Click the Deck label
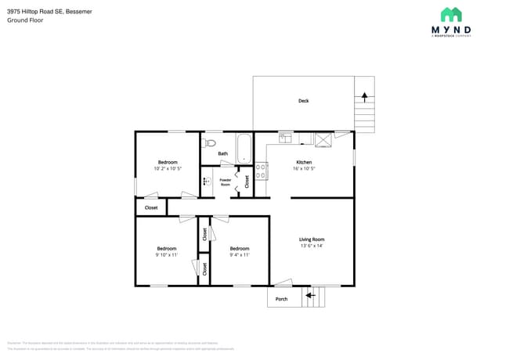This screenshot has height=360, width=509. [303, 101]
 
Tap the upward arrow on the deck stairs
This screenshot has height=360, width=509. [363, 97]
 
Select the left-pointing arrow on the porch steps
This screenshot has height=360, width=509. [310, 295]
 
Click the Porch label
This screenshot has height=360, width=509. [282, 299]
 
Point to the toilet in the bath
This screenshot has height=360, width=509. [208, 143]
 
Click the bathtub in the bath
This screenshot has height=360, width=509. [244, 148]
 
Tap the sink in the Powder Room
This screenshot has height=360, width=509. [206, 182]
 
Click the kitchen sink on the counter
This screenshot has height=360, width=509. [286, 139]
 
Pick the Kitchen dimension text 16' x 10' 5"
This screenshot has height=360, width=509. [304, 169]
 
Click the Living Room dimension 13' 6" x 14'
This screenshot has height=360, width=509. [312, 246]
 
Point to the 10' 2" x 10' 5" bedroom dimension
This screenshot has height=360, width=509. [167, 169]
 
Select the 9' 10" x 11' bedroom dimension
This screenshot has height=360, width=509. [166, 255]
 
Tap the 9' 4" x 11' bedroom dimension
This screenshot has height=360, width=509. [240, 255]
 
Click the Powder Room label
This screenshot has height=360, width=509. [226, 182]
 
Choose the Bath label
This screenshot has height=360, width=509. [223, 153]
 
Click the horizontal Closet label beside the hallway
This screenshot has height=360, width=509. [151, 207]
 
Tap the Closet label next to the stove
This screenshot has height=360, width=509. [247, 182]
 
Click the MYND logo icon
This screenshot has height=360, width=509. [450, 15]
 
